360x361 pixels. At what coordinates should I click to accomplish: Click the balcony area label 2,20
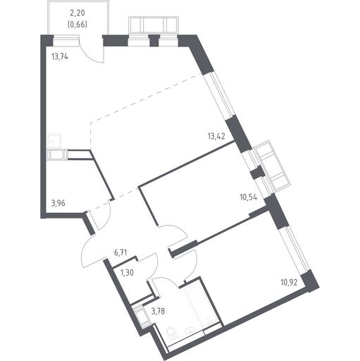click(77, 13)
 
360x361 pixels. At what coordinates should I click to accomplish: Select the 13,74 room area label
click(60, 56)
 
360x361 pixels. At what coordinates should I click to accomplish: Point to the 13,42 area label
click(216, 136)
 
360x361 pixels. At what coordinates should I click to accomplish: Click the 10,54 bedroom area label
click(249, 197)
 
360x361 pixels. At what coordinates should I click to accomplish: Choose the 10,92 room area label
click(289, 282)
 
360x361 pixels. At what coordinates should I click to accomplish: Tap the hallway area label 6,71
click(120, 253)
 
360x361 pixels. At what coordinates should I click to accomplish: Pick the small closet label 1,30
click(127, 273)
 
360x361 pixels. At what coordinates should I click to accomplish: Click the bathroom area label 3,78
click(158, 312)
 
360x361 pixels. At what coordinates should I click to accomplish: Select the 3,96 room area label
click(58, 203)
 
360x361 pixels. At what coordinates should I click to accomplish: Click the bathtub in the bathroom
click(200, 306)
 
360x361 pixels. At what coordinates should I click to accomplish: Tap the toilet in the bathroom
click(172, 334)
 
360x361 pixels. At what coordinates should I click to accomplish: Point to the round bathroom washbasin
click(190, 331)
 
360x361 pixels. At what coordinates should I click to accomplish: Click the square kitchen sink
click(54, 141)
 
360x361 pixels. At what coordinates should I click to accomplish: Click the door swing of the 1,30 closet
click(150, 266)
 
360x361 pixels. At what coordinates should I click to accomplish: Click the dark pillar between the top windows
click(154, 40)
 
